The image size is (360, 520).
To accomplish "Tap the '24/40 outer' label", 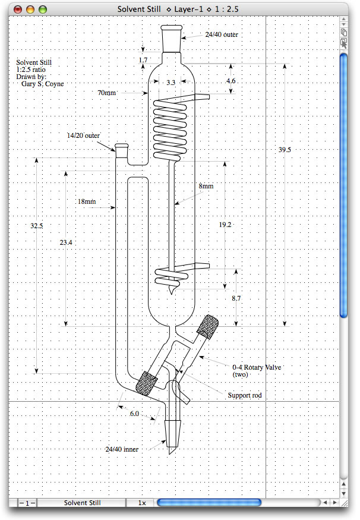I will tap(222, 34).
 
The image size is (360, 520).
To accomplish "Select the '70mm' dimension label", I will tap(107, 93).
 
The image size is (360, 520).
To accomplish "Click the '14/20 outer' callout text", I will tap(83, 135).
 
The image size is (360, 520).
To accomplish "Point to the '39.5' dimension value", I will tap(285, 150).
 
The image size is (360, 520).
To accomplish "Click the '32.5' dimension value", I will tap(37, 225).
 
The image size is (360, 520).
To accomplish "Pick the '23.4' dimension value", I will tap(66, 242).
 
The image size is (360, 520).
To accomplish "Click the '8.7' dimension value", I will tap(236, 298).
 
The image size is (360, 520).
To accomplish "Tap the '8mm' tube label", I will tap(206, 186).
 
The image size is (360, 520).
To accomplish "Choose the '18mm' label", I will tap(86, 201).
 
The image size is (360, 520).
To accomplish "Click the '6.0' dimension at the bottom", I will tap(135, 413).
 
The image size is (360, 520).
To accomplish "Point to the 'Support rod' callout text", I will tap(244, 395).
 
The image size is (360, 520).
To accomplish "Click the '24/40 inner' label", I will tap(122, 449).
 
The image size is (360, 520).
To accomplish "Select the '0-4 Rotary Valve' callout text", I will tap(256, 367).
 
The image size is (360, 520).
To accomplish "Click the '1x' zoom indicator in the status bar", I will tap(142, 503).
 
